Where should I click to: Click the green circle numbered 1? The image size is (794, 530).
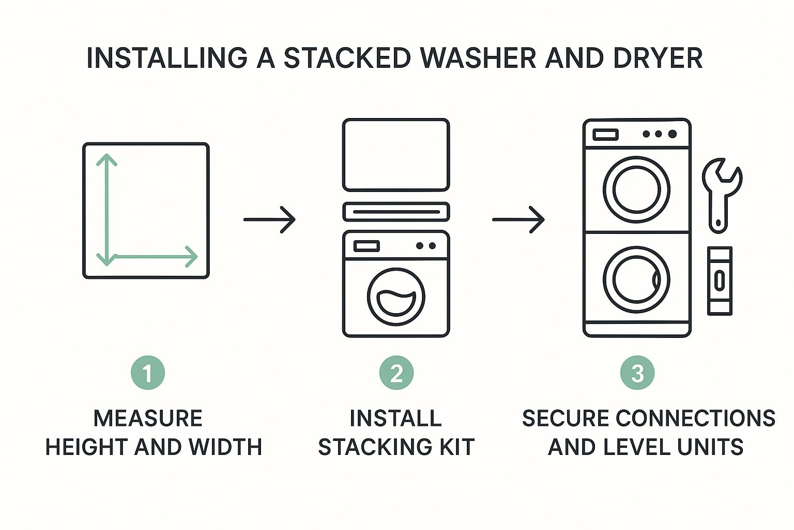[148, 373]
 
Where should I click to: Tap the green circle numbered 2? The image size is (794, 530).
[396, 373]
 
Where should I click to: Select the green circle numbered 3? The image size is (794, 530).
[637, 373]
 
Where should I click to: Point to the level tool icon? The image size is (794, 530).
[720, 281]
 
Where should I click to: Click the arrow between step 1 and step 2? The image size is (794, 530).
[269, 220]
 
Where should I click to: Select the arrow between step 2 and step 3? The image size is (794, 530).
[518, 220]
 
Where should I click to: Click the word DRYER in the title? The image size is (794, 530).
[658, 57]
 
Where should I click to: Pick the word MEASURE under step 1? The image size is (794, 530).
[148, 418]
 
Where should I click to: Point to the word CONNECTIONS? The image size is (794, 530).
[696, 418]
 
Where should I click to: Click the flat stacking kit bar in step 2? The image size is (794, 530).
[396, 212]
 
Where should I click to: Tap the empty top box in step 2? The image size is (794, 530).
[396, 155]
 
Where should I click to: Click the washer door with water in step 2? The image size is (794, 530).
[396, 297]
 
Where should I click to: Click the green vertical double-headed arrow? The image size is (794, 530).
[106, 210]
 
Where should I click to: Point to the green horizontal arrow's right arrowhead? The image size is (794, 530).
[192, 256]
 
